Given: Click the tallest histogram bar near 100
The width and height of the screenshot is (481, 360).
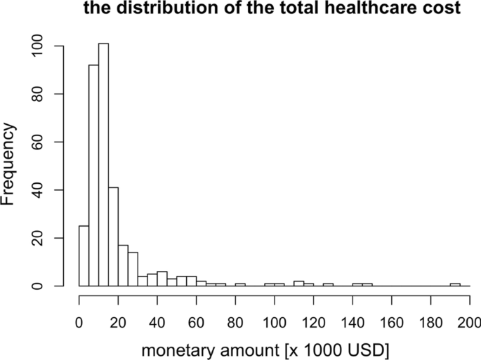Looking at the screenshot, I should tap(103, 165).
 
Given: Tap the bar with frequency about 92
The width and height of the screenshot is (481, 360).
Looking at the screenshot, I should tap(93, 175).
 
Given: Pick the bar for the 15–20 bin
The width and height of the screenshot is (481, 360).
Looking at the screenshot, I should tap(113, 236).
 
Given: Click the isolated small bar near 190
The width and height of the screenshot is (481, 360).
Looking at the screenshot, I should tap(455, 285).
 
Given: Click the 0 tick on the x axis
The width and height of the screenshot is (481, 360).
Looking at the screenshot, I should tap(79, 298).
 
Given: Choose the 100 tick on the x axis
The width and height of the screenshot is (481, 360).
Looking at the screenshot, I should tap(275, 298).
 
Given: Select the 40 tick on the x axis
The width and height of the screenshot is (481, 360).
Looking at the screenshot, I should tap(157, 298).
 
